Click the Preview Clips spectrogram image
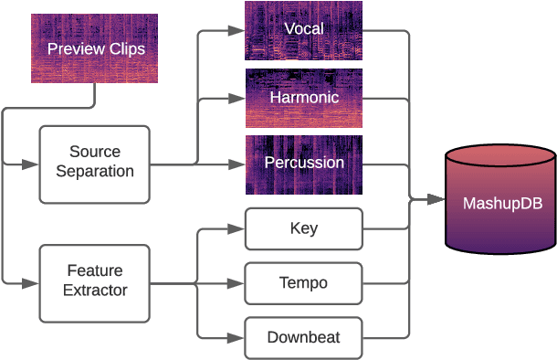[94, 48]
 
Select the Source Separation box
[95, 164]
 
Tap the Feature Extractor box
[95, 282]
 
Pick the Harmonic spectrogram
[304, 97]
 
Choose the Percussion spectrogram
[304, 164]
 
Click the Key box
[304, 228]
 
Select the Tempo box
[304, 283]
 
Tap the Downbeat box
[304, 338]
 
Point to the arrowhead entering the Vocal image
[239, 30]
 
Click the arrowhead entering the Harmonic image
[239, 97]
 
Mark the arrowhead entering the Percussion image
[239, 164]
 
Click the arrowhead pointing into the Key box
[239, 228]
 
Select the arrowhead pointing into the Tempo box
[239, 283]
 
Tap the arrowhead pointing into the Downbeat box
[239, 338]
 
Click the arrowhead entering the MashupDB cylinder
[438, 198]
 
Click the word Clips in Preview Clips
[126, 48]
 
